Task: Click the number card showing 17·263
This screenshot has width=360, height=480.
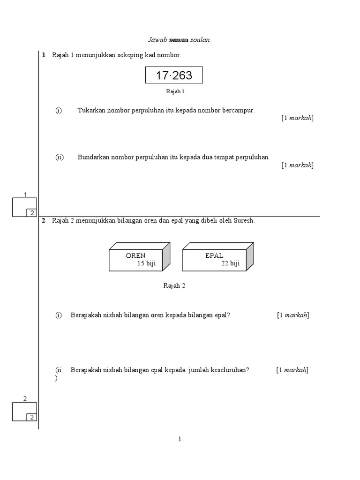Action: tap(174, 75)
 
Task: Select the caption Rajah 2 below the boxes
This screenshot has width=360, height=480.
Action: tap(174, 286)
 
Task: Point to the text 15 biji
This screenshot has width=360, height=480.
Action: tap(146, 263)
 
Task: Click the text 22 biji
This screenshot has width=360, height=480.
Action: tap(230, 263)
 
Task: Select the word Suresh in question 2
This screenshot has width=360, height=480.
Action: tap(244, 220)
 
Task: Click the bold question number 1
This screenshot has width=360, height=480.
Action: tap(44, 55)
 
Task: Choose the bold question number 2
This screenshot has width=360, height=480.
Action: tap(44, 220)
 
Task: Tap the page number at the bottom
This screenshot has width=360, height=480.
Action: tap(180, 439)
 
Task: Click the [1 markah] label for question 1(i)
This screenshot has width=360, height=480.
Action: tap(297, 118)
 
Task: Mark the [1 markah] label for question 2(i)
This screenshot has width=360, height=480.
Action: tap(293, 315)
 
